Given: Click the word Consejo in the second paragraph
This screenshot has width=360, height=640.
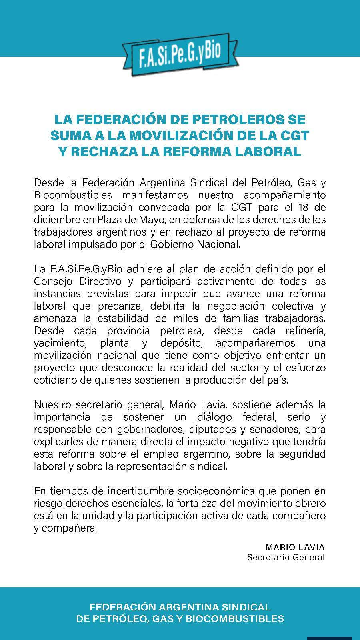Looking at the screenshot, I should [x=54, y=282].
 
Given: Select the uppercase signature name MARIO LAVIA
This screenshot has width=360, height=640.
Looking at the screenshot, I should [x=295, y=547].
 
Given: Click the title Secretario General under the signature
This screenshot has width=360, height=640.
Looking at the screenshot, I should [x=286, y=557].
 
